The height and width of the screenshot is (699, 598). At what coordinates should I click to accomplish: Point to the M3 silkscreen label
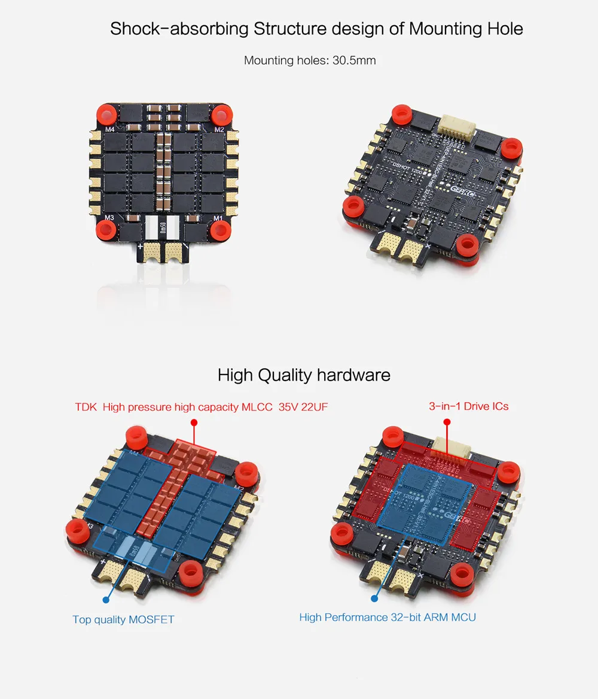109,217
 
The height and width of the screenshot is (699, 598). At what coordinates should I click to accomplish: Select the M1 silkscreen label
218,218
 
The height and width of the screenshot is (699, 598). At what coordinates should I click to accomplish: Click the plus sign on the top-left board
141,246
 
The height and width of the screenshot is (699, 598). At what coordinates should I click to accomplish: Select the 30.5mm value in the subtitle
354,60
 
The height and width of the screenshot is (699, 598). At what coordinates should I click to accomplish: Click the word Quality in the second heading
285,375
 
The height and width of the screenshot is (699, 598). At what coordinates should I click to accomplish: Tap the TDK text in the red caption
86,408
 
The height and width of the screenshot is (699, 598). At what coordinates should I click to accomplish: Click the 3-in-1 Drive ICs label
468,406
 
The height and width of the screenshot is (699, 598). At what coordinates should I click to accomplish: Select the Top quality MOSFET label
123,619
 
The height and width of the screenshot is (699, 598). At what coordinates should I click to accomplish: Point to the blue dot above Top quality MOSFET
106,598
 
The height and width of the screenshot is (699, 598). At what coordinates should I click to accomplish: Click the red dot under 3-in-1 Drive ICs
447,423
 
